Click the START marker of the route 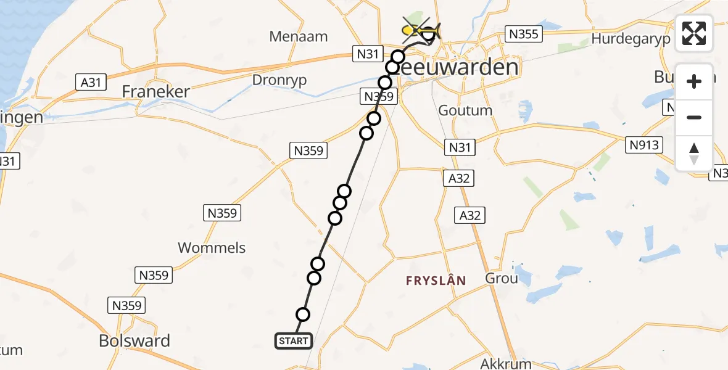293,341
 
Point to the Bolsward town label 135,340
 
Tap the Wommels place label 212,248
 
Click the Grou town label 502,278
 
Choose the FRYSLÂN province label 436,281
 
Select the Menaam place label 298,36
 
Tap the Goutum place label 465,110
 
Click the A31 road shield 91,81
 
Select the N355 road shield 523,34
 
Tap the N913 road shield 645,145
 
